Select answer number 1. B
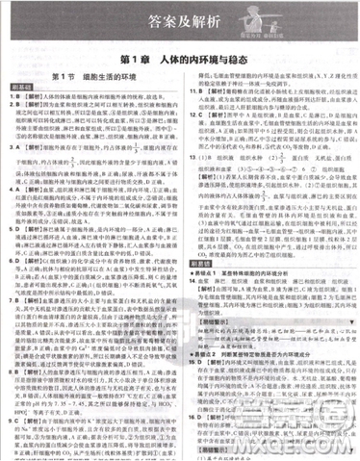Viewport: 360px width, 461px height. pos(13,97)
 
